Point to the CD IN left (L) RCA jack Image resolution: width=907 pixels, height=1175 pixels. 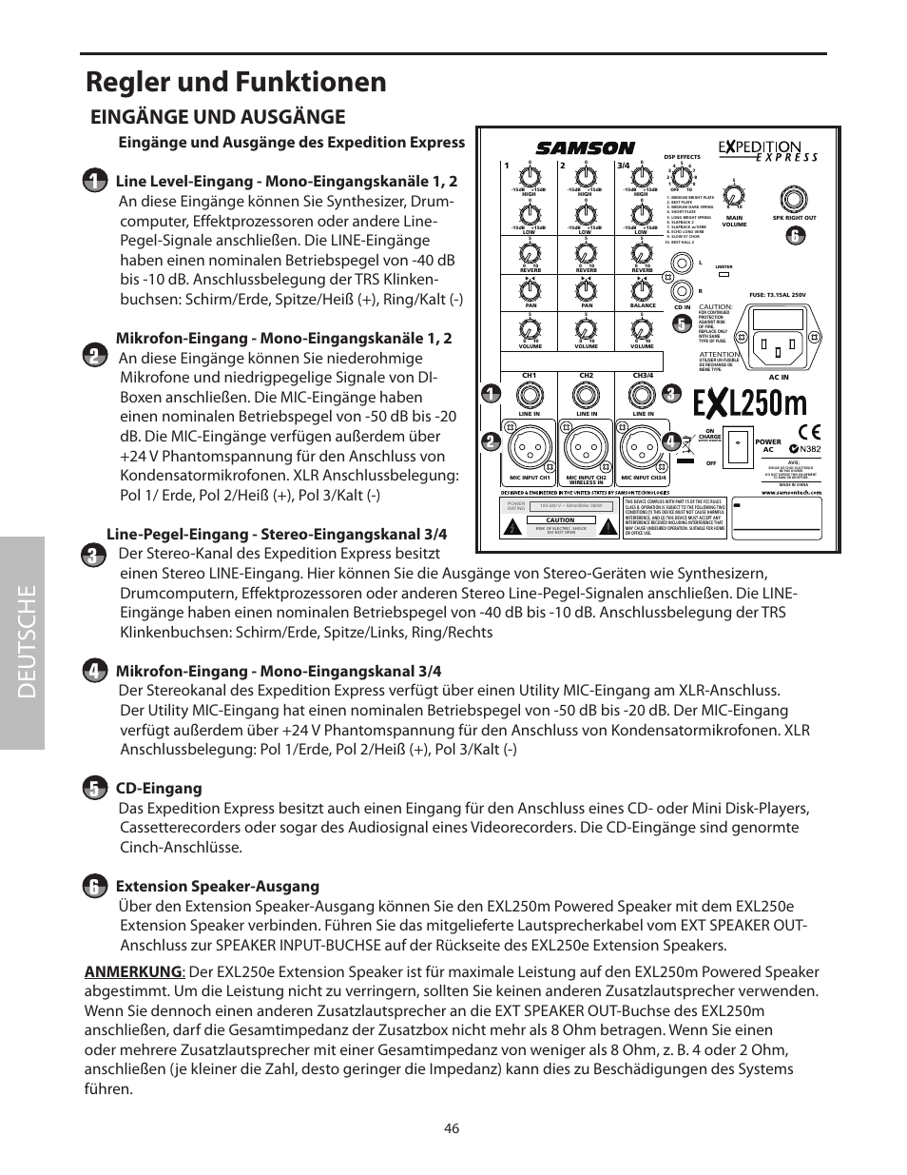pyautogui.click(x=682, y=264)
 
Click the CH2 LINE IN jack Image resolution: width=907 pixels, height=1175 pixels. pyautogui.click(x=587, y=395)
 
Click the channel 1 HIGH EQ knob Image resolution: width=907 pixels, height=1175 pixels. pyautogui.click(x=530, y=177)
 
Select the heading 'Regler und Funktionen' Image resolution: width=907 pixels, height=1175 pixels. pyautogui.click(x=236, y=82)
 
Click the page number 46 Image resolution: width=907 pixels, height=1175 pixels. pyautogui.click(x=452, y=1128)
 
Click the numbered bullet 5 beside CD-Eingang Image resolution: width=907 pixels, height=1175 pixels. pyautogui.click(x=95, y=789)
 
